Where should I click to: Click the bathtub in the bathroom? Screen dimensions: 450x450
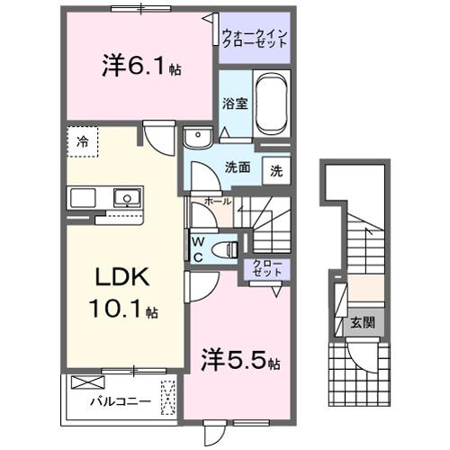(271, 103)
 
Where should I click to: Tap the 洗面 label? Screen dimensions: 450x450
(237, 166)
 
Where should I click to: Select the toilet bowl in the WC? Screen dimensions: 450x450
(228, 247)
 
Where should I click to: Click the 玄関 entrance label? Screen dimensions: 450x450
(362, 321)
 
